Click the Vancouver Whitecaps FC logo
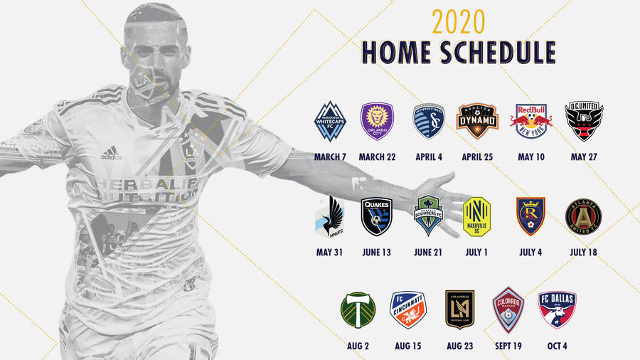pos(330,122)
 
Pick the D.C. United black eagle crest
pos(583,121)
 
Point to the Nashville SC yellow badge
pos(477,216)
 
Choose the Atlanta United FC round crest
pos(582,216)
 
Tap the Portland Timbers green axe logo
pos(358,309)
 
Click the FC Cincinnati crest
pos(408,310)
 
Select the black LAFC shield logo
pos(459,309)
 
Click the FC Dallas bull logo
pos(558,309)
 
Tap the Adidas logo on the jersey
pos(111,153)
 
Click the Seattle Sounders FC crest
pos(431,215)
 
